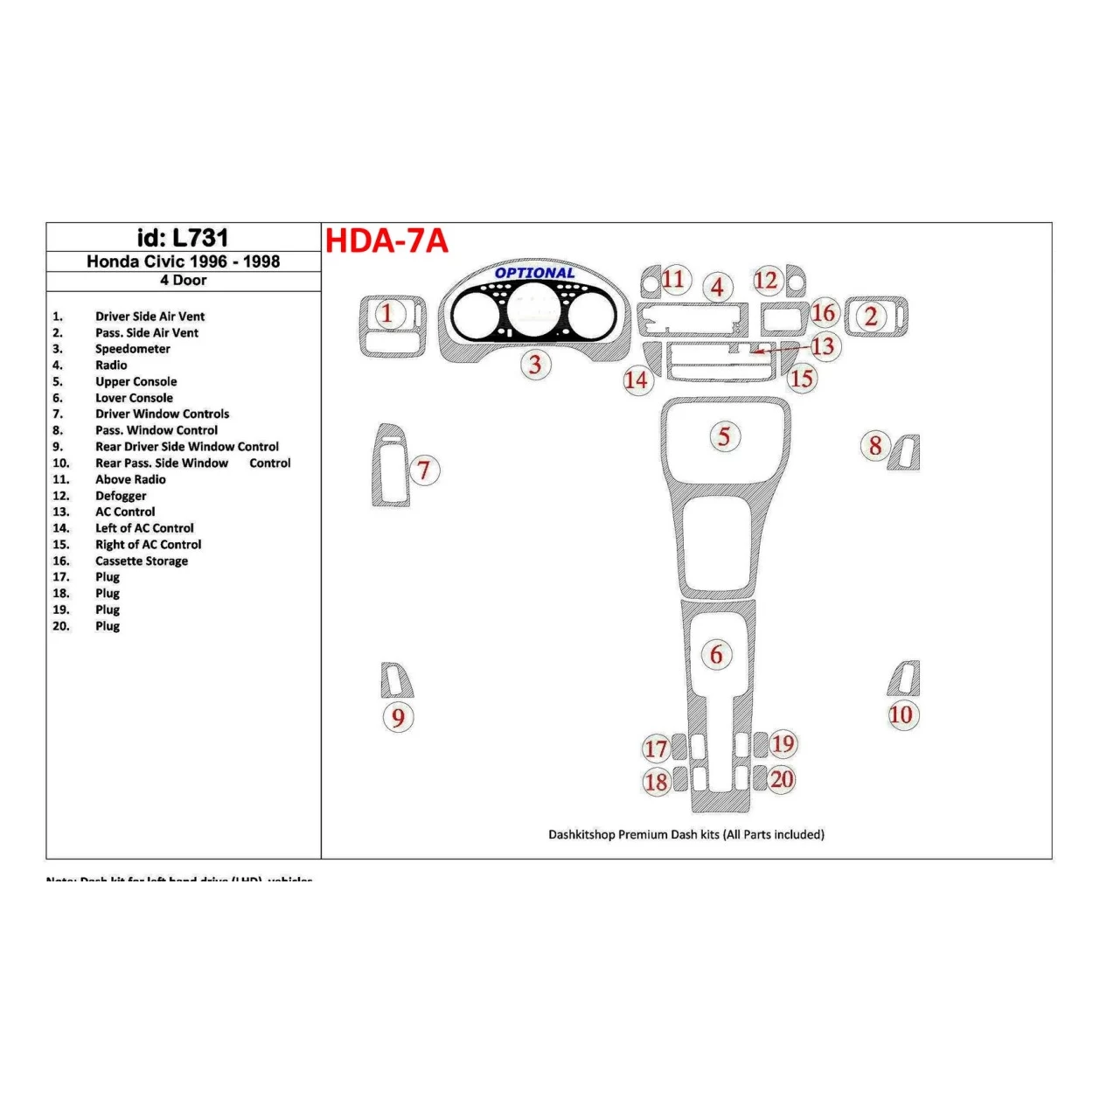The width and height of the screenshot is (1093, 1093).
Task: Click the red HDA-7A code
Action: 386,240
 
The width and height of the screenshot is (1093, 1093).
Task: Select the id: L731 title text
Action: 183,238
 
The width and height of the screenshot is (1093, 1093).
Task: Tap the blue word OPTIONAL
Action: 534,273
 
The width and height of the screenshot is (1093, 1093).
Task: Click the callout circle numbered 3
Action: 535,365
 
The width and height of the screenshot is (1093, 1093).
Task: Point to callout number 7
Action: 424,470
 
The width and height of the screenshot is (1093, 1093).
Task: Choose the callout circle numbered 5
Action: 724,436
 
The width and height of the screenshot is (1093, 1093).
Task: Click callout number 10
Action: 901,715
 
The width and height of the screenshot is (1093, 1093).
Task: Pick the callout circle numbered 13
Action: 823,346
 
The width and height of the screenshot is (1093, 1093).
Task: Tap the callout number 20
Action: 782,779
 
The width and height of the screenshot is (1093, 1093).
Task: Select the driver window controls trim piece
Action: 390,465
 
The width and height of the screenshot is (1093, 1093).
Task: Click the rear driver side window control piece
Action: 396,679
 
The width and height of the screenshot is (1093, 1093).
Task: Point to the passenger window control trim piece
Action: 905,453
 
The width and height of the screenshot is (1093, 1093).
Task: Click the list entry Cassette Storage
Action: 142,560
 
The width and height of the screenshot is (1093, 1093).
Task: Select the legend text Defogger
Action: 121,496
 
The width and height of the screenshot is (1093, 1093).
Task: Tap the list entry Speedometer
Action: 133,349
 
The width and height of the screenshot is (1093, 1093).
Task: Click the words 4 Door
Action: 183,281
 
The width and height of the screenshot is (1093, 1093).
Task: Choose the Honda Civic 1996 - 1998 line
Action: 183,261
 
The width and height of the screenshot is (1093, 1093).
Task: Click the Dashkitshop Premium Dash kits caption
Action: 686,834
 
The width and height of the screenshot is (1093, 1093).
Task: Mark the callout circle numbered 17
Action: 656,748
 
